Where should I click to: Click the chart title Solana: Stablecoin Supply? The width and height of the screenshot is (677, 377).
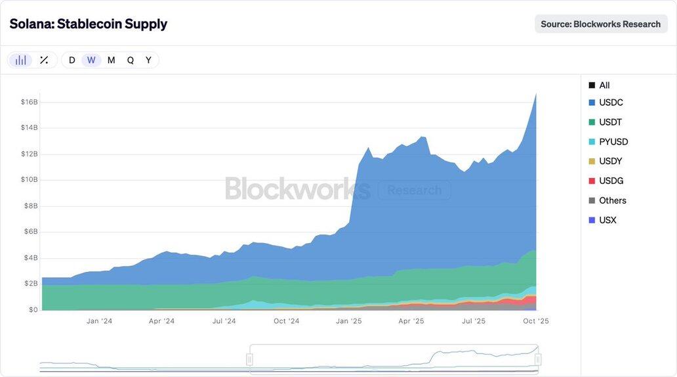89,24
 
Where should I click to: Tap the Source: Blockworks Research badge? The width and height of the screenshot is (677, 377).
600,24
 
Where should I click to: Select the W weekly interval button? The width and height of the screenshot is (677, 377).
91,60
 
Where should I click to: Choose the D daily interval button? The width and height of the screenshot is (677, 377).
72,60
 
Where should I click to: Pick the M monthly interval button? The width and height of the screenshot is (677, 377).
111,60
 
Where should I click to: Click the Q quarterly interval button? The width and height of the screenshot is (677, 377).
131,60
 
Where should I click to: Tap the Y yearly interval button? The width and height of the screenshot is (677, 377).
148,60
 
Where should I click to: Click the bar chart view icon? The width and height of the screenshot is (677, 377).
21,60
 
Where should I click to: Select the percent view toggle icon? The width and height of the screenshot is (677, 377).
44,60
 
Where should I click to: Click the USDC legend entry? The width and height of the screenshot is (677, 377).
610,102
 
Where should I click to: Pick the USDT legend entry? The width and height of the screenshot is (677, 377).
609,122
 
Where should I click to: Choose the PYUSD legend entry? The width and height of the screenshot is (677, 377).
613,142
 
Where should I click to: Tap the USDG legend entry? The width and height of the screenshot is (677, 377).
610,181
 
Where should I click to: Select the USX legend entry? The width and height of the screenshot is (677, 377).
607,220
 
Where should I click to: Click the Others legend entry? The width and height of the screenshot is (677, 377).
612,200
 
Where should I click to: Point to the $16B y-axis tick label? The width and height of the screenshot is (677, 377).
30,102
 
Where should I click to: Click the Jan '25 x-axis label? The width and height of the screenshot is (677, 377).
348,321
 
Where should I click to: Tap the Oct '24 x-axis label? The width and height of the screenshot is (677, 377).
286,321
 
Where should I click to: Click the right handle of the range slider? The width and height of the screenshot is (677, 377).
538,359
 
